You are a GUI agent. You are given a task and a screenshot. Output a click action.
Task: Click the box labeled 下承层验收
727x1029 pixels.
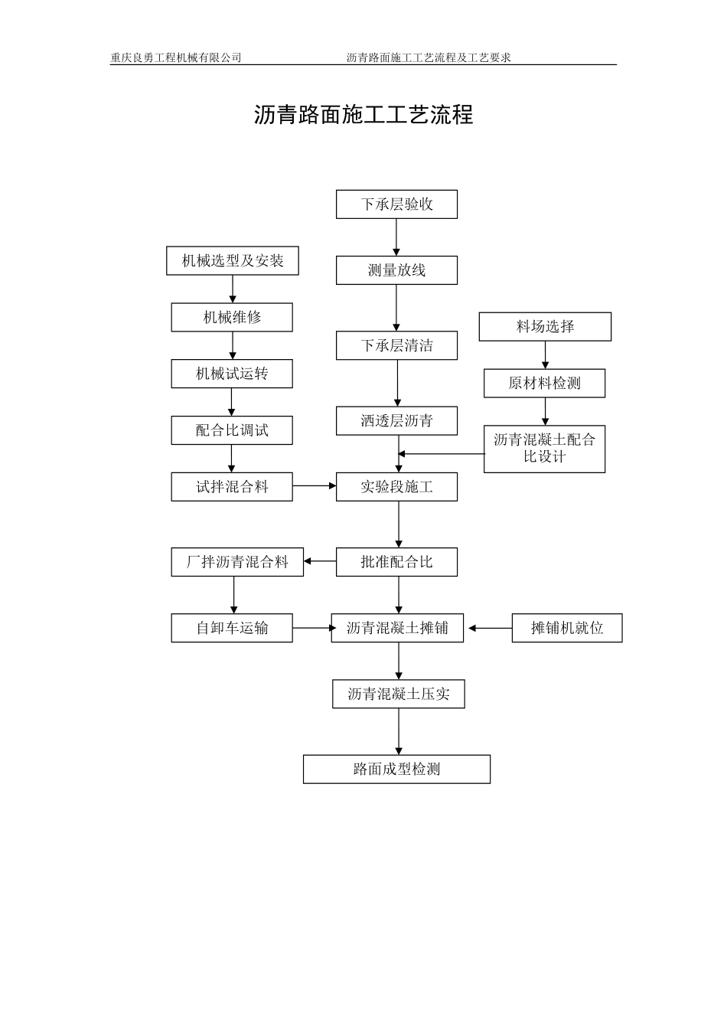[x=396, y=204]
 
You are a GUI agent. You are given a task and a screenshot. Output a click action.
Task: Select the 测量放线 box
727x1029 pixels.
[x=396, y=270]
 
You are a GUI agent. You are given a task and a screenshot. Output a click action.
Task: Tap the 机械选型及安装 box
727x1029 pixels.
[x=232, y=261]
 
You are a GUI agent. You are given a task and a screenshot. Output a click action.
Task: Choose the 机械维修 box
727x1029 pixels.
[x=232, y=318]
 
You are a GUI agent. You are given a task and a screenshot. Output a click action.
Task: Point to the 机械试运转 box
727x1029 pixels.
[x=232, y=374]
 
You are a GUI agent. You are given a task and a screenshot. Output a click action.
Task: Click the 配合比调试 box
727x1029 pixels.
[x=232, y=430]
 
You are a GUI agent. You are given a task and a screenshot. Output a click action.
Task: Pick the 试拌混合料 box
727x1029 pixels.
[x=232, y=487]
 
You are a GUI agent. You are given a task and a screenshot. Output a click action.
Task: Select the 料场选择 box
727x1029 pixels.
[x=545, y=327]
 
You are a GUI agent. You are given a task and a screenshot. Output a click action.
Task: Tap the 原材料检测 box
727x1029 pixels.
[x=544, y=384]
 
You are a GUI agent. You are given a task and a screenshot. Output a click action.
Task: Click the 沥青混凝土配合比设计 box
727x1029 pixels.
[x=544, y=449]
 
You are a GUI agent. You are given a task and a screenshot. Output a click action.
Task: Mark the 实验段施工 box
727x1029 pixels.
[x=396, y=487]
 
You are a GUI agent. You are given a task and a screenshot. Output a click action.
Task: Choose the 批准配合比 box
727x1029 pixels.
[x=396, y=562]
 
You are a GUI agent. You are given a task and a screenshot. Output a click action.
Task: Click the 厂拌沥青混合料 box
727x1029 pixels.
[x=237, y=562]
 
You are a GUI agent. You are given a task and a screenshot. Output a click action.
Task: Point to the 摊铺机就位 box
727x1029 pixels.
[x=567, y=628]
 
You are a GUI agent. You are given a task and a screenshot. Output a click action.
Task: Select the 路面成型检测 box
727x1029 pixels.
[x=396, y=769]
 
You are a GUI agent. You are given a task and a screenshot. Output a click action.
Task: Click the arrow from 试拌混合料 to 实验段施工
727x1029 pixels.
[x=314, y=486]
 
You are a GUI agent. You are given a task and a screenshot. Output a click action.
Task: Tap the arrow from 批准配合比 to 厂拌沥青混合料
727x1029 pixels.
[x=320, y=562]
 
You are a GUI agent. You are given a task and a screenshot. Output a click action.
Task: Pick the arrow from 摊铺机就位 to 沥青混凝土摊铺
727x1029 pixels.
[x=490, y=628]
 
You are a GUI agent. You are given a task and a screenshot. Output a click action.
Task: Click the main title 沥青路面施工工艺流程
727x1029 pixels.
[x=363, y=115]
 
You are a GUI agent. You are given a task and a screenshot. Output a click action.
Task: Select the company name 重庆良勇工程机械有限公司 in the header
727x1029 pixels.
[x=176, y=57]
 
